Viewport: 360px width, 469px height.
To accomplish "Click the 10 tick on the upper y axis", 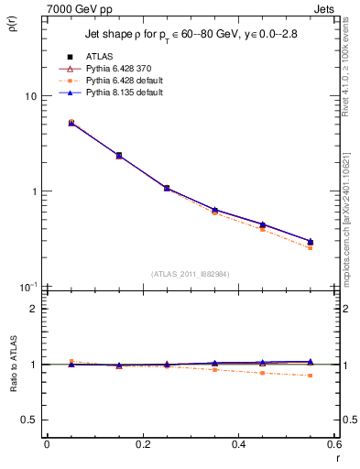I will point(30,96).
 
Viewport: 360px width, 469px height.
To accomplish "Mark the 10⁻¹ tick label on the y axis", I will point(28,286).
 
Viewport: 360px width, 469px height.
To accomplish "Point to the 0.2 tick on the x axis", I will point(143,444).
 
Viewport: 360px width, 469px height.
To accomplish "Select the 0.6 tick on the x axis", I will point(335,444).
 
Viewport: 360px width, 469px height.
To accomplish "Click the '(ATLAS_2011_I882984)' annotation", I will point(190,273).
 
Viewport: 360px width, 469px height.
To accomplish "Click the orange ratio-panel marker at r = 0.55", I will point(310,376).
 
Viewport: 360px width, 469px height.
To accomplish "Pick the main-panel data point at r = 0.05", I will point(71,122).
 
